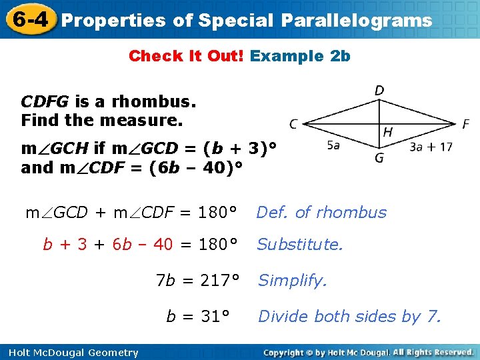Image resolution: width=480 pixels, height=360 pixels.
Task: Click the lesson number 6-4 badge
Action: (29, 19)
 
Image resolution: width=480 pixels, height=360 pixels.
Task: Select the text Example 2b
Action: (300, 56)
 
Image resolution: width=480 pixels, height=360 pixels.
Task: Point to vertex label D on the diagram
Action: (379, 90)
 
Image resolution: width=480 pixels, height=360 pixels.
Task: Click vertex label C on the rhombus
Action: (294, 124)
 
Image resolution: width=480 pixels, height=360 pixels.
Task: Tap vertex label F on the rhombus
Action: (465, 125)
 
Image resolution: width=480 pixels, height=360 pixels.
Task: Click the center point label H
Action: (387, 133)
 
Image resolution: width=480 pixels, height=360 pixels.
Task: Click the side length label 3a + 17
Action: (430, 147)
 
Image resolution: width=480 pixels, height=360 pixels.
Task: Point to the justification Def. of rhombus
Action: (321, 213)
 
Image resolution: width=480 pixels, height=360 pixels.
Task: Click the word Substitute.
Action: (299, 245)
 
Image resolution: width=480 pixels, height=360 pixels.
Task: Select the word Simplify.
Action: (293, 281)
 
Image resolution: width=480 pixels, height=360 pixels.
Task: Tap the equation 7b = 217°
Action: (197, 281)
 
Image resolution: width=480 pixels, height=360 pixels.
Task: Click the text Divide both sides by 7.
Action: (349, 316)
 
